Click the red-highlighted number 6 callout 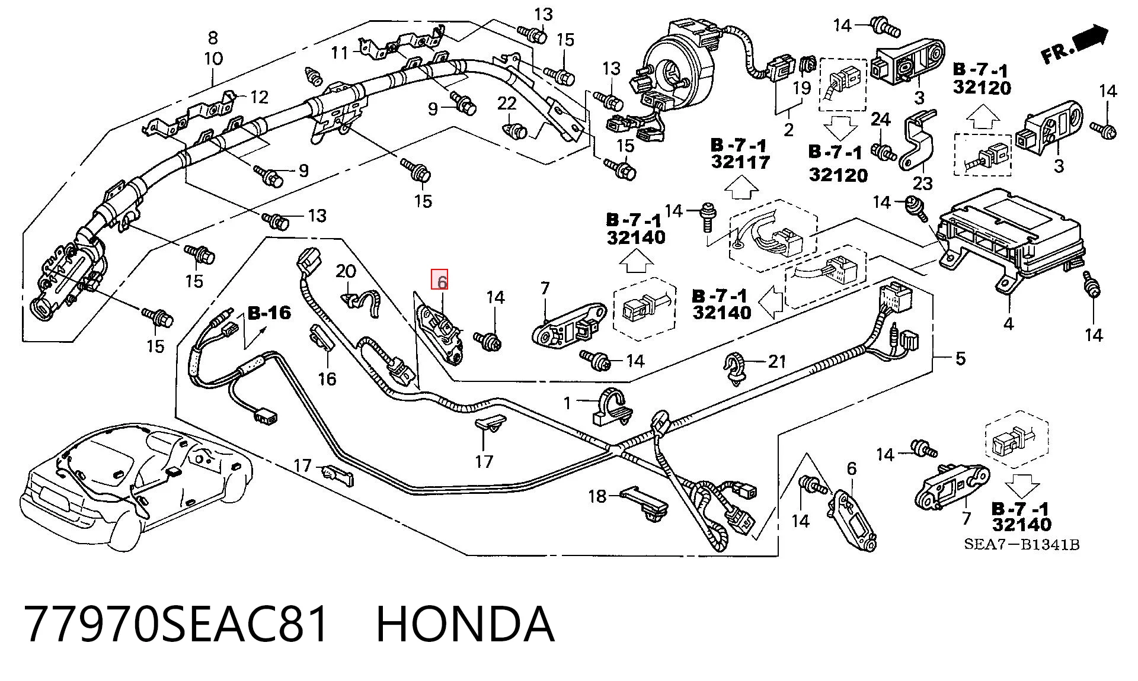tap(440, 280)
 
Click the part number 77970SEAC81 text tap(177, 624)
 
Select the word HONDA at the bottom tap(465, 624)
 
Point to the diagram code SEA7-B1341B tap(1022, 544)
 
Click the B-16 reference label tap(269, 313)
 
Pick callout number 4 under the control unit tap(1008, 323)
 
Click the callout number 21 tap(776, 361)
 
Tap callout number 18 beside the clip tap(597, 496)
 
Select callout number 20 tap(346, 271)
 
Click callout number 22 tap(507, 104)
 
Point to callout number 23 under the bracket tap(923, 184)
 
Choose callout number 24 tap(881, 119)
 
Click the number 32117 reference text tap(741, 162)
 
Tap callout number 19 tap(801, 88)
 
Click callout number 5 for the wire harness tap(960, 358)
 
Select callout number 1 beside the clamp tap(567, 403)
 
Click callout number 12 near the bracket tap(260, 97)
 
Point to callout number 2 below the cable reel tap(788, 129)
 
